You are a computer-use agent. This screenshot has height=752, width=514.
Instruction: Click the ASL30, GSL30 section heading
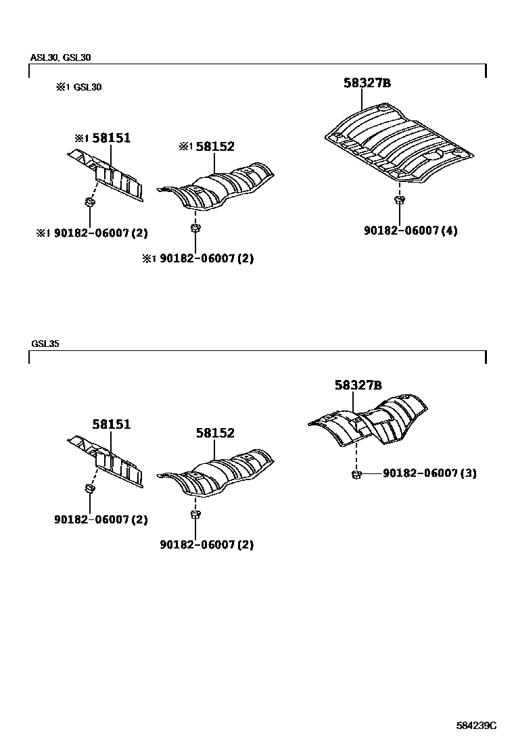[x=60, y=57]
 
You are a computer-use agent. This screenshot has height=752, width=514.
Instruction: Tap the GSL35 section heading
[x=45, y=344]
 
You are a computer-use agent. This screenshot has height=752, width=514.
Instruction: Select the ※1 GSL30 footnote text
[x=79, y=87]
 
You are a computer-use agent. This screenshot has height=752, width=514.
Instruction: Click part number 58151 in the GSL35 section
[x=112, y=425]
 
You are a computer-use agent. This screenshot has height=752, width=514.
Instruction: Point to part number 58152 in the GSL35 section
[x=215, y=433]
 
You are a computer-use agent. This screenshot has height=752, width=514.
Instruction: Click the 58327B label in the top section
[x=367, y=84]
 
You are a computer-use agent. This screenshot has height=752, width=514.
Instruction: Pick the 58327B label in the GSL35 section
[x=358, y=385]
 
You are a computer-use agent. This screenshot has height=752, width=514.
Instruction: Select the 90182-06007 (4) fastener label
[x=411, y=231]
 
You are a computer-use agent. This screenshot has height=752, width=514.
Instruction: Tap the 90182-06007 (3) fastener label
[x=429, y=473]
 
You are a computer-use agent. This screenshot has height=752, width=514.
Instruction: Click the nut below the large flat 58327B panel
[x=399, y=200]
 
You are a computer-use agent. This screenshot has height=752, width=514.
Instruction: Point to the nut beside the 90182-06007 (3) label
[x=355, y=474]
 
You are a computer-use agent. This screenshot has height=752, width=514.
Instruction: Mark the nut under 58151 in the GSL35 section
[x=89, y=489]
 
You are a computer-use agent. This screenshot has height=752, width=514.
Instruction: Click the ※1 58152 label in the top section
[x=207, y=147]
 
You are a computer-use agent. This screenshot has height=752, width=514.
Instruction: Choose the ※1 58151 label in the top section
[x=102, y=139]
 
